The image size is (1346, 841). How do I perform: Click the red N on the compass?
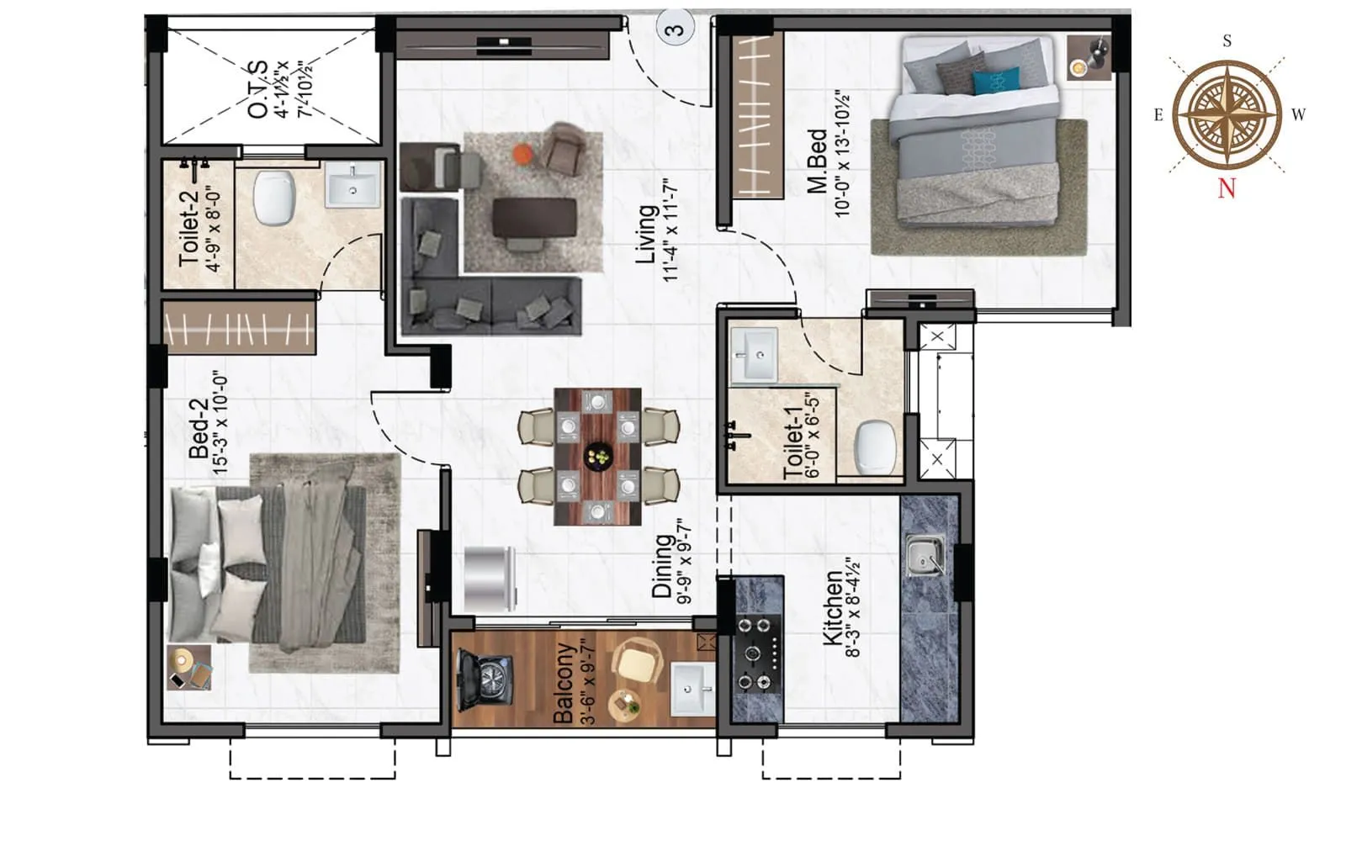1227,188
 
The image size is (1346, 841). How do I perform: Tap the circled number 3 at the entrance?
675,29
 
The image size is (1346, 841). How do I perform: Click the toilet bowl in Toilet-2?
274,198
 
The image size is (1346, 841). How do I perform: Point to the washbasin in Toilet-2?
352,185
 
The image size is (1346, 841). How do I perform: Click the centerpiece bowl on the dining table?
598,456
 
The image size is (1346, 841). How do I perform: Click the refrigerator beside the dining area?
490,579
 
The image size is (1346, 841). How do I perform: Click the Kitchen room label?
832,609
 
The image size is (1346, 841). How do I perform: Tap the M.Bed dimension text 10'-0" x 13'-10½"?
842,154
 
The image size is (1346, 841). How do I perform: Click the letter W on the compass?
1298,115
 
